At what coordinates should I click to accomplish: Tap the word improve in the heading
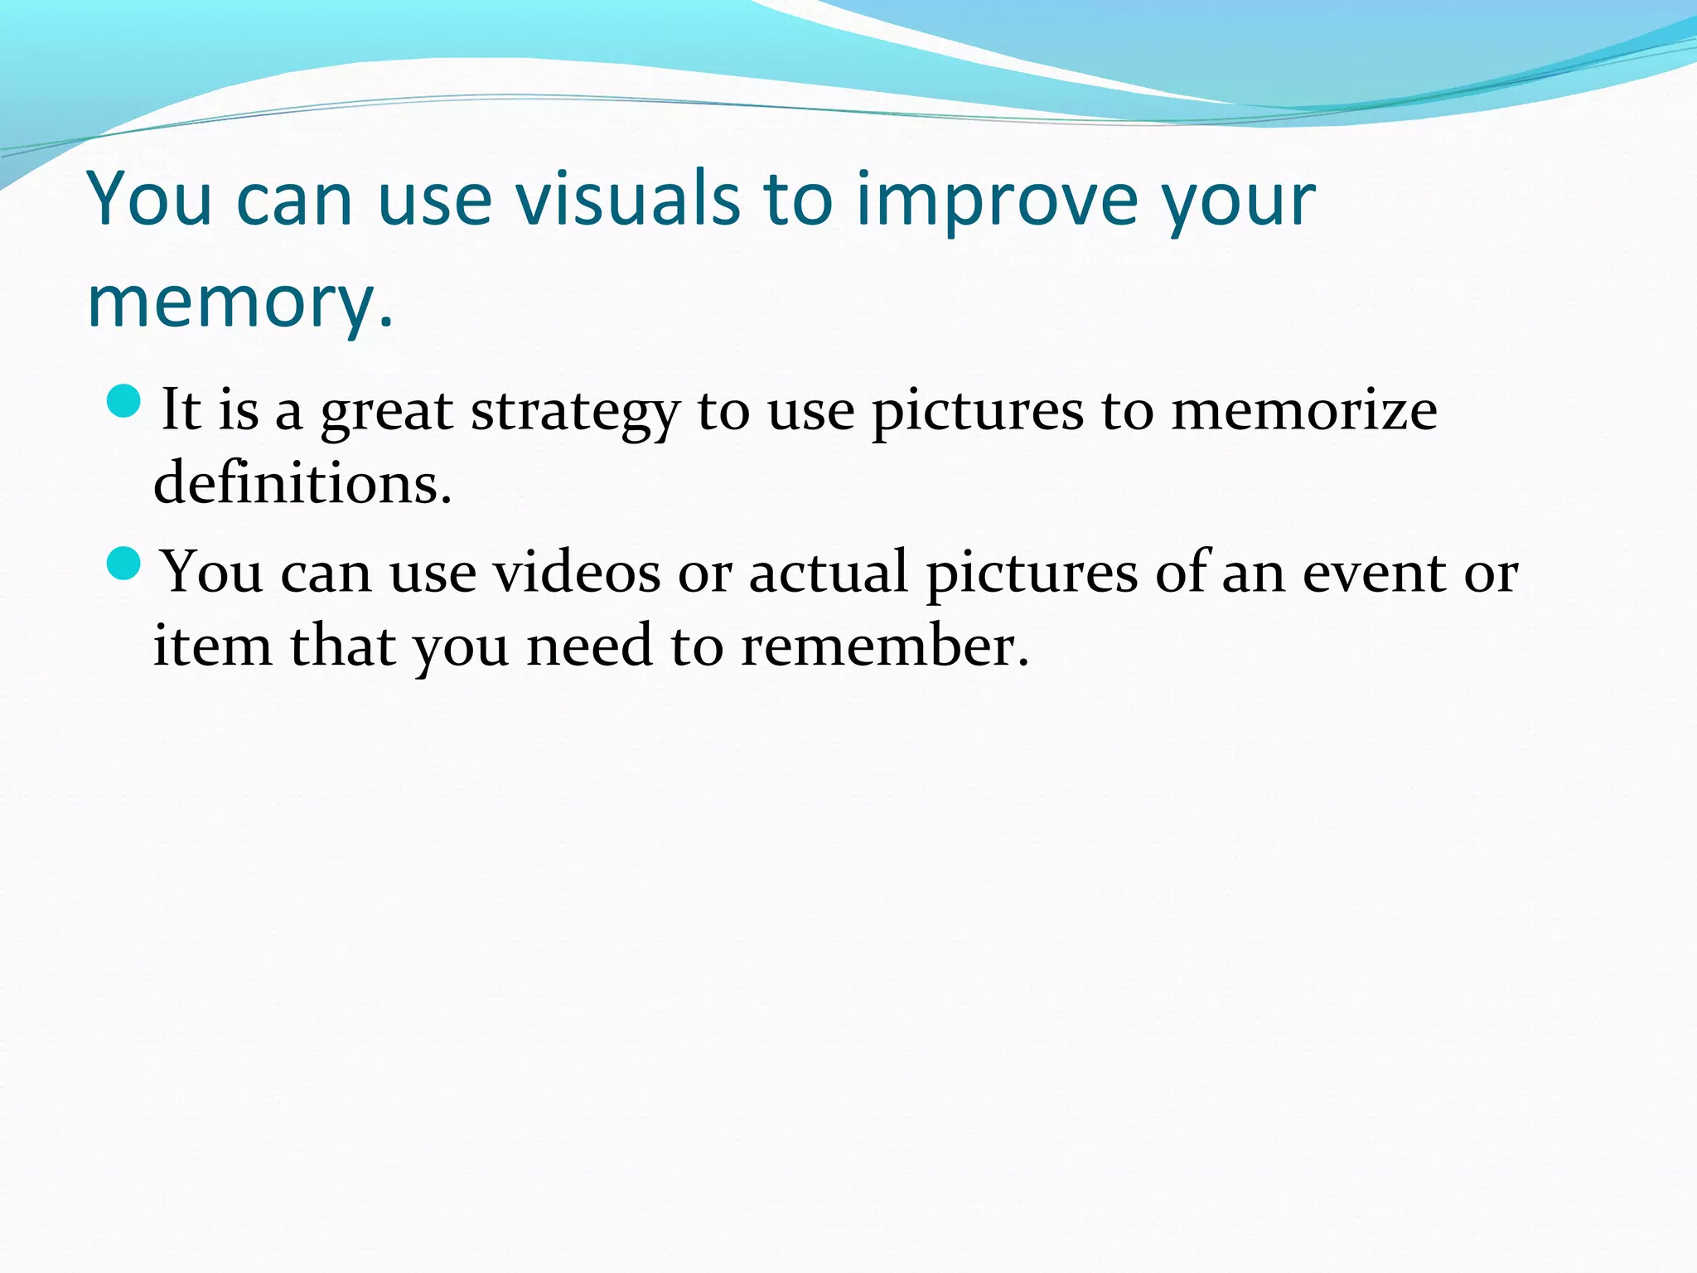tap(995, 201)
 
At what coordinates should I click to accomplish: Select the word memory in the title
tap(232, 303)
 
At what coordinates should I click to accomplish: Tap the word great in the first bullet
tap(386, 412)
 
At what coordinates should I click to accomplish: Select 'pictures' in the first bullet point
tap(977, 412)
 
